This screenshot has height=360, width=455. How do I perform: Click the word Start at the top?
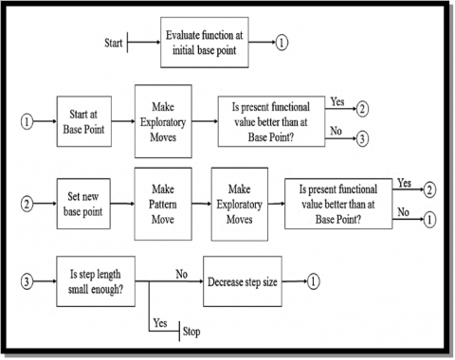coord(111,43)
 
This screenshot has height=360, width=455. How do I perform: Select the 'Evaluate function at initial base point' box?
coord(204,43)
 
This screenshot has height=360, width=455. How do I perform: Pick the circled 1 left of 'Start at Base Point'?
coord(27,122)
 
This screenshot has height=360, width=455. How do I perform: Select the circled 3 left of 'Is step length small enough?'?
coord(27,281)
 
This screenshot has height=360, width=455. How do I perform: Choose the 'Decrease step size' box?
coord(249,281)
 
